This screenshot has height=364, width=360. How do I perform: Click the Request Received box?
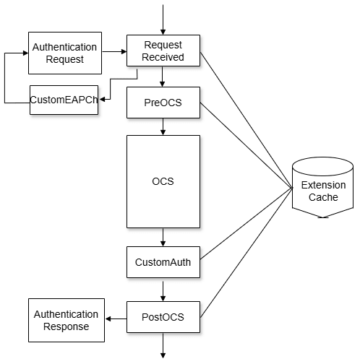tap(163, 51)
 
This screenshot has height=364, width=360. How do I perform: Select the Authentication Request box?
tap(64, 53)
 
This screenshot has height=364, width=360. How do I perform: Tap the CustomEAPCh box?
tap(64, 100)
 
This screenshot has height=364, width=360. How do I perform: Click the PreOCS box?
tap(163, 103)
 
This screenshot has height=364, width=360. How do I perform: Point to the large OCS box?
tap(163, 181)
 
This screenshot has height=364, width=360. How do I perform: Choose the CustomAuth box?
tap(163, 262)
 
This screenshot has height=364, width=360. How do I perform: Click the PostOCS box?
tap(163, 317)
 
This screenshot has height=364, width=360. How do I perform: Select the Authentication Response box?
tap(66, 321)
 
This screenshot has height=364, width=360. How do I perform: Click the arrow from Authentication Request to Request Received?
tap(113, 51)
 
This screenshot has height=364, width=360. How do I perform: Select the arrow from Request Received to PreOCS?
tap(163, 77)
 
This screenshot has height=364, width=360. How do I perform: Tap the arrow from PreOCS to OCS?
tap(163, 126)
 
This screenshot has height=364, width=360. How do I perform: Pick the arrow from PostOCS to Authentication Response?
tap(116, 318)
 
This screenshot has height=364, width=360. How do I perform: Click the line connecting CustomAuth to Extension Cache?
tap(246, 224)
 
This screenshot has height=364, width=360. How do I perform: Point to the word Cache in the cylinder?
tap(323, 197)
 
